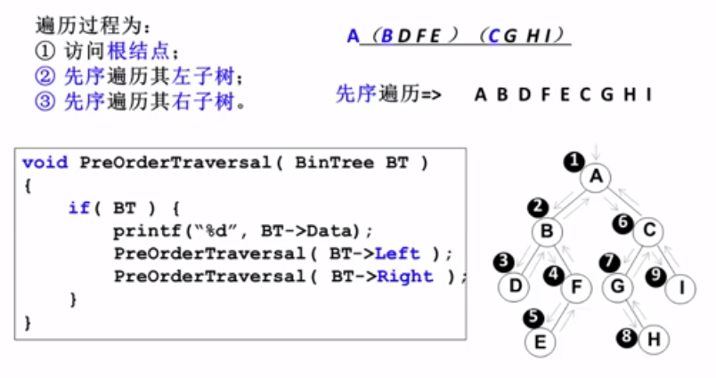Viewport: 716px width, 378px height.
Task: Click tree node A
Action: tap(597, 177)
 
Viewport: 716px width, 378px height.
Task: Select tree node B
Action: tap(547, 232)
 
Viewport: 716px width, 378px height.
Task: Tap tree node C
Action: tap(648, 232)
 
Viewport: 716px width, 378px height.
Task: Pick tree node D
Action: tap(514, 286)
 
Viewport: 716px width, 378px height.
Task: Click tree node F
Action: tap(576, 286)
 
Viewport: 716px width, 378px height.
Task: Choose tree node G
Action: tap(616, 286)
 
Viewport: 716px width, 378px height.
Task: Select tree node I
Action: tap(681, 286)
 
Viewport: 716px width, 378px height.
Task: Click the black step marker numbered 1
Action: tap(574, 161)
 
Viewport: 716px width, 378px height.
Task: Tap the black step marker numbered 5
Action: tap(533, 316)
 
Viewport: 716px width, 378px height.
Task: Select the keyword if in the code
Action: tap(78, 208)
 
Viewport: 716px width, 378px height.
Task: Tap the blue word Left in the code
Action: tap(397, 253)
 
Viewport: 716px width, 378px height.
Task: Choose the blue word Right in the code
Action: tap(404, 277)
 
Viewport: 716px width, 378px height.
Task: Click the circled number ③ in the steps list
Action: tap(45, 101)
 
